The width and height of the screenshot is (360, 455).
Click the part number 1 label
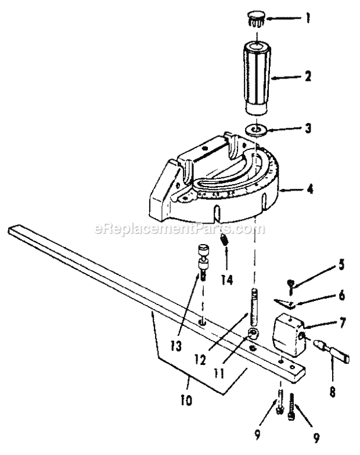tap(308, 18)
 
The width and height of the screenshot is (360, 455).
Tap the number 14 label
tap(226, 279)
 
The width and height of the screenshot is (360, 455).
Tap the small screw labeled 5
tap(290, 286)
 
